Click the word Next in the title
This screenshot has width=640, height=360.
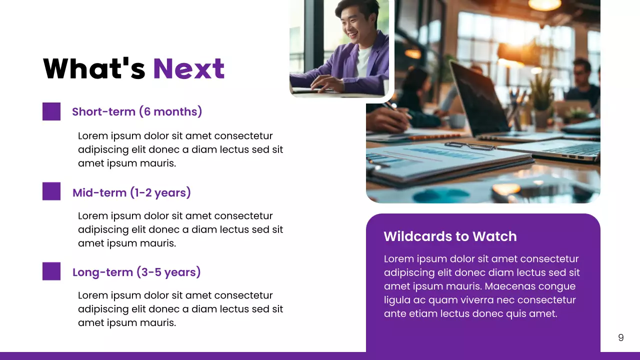coord(188,68)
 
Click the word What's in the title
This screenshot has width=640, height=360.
coord(94,68)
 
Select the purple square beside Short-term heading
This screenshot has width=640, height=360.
coord(51,111)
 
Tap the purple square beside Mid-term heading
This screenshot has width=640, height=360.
coord(51,191)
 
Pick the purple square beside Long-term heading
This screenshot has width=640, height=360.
coord(51,271)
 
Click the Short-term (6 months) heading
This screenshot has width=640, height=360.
coord(137,111)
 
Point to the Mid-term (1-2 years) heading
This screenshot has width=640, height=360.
coord(131,192)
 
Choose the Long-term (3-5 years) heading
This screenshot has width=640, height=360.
coord(136,272)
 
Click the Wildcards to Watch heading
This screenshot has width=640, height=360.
coord(450,236)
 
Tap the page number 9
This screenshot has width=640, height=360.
coord(620,337)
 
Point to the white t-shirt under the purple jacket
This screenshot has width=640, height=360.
coord(363,60)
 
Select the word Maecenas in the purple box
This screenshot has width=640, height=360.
coord(508,286)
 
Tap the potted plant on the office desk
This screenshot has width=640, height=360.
coord(542,100)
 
